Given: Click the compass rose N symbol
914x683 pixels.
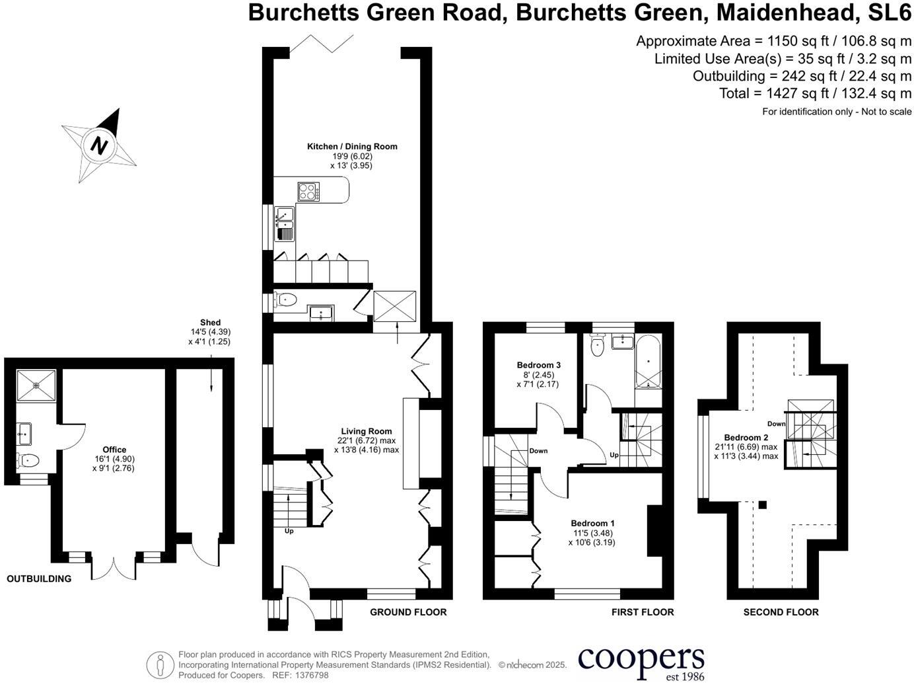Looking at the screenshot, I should (99, 144).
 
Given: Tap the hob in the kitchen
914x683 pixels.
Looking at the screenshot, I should (308, 191).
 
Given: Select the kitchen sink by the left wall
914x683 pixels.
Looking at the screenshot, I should (285, 223).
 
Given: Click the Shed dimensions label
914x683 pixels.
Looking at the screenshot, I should (210, 333).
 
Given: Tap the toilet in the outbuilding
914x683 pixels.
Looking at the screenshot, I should (29, 460).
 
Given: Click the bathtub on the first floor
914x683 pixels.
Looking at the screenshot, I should (648, 362).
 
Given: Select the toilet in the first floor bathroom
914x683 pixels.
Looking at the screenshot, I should (598, 346).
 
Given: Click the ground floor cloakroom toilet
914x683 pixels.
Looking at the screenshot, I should (286, 300).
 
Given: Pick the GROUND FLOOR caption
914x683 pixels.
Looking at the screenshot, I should (408, 612).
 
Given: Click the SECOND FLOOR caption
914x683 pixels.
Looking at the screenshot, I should (781, 612).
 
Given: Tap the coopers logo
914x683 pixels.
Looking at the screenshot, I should (641, 661).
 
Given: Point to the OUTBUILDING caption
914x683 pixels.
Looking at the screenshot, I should (39, 579).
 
